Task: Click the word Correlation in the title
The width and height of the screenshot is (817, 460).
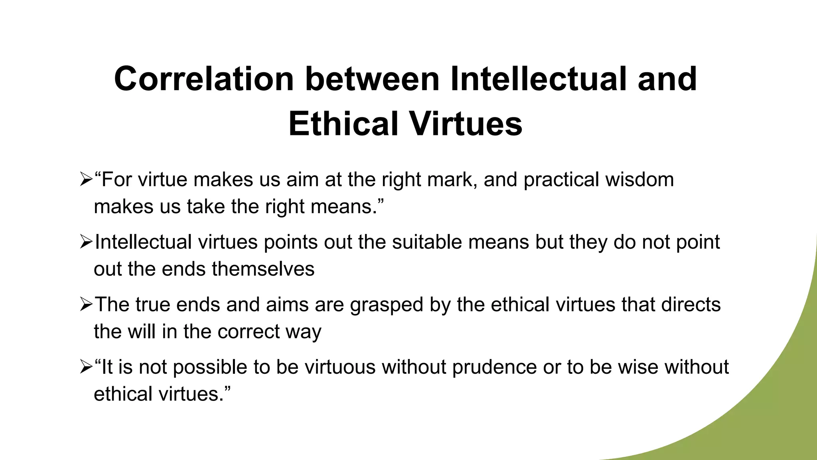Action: [204, 79]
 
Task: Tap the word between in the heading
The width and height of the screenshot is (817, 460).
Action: [373, 79]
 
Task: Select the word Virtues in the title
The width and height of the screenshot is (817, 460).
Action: [466, 124]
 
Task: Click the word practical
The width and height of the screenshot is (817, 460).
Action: [561, 179]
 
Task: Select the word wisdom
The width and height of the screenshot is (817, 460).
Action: [639, 179]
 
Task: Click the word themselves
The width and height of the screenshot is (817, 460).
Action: [263, 269]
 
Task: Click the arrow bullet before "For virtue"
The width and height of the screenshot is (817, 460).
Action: [85, 180]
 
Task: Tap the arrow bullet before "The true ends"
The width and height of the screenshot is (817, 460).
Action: [85, 305]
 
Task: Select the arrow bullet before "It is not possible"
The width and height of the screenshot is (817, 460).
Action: [85, 367]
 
